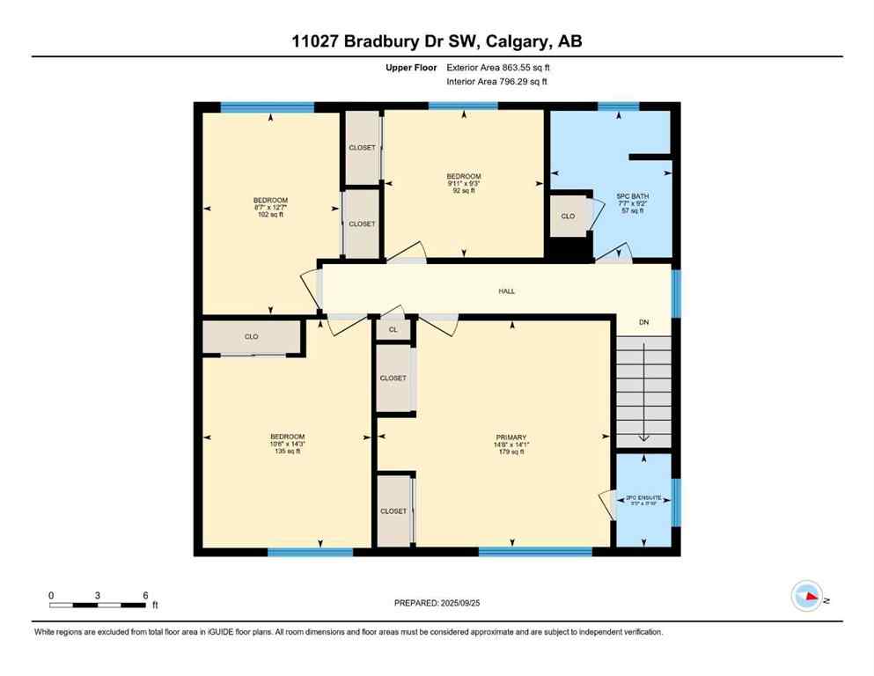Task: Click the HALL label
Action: [506, 291]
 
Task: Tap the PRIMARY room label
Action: [510, 437]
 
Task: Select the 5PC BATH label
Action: [631, 196]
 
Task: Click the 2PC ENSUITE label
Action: [643, 498]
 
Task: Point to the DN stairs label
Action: [643, 323]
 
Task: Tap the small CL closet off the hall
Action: [393, 330]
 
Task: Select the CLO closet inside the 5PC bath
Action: [569, 216]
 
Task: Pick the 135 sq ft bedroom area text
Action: [287, 452]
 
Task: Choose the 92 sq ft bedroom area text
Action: [464, 190]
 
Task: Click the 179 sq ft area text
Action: [510, 452]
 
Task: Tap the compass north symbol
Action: [807, 597]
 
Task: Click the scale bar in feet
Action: [99, 604]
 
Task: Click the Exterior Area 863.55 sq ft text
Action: [502, 67]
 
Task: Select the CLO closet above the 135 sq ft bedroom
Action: [252, 336]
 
